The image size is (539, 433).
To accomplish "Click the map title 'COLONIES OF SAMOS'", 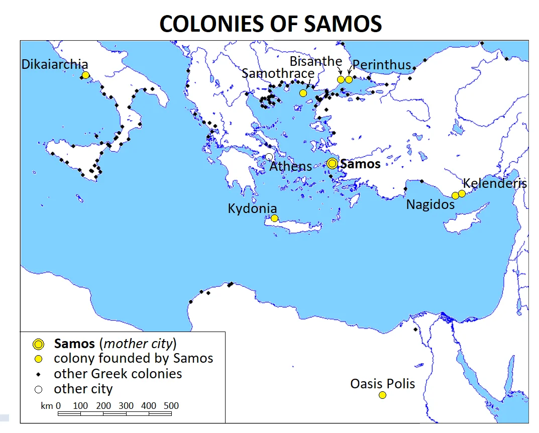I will point(270,24).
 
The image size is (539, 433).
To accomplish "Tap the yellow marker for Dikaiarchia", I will point(85,75).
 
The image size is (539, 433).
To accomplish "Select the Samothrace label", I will point(278,73).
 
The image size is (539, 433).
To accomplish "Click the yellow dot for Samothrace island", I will point(303,93).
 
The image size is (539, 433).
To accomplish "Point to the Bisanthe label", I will point(316,61).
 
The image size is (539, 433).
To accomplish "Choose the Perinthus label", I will point(382,65).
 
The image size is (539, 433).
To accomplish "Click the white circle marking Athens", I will point(269,157).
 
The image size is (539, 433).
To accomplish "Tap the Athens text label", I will point(291,166).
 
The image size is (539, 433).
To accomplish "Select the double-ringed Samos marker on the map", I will point(332,163).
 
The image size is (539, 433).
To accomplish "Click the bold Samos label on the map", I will point(360,164).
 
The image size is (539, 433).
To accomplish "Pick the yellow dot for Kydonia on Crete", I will point(274,218).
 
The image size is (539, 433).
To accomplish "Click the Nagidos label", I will point(430,204).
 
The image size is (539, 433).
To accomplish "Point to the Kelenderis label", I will point(495,183).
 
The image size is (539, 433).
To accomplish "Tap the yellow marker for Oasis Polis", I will point(382,395).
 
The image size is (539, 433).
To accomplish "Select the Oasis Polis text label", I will point(383,384).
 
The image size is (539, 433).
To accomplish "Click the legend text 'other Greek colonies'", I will point(118,374).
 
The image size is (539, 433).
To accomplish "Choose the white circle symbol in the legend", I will point(38,389).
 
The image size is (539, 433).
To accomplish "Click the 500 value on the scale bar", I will point(171,405).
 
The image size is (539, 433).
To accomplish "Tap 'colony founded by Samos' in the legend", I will point(133,358).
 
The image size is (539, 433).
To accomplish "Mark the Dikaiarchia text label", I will point(55,64).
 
